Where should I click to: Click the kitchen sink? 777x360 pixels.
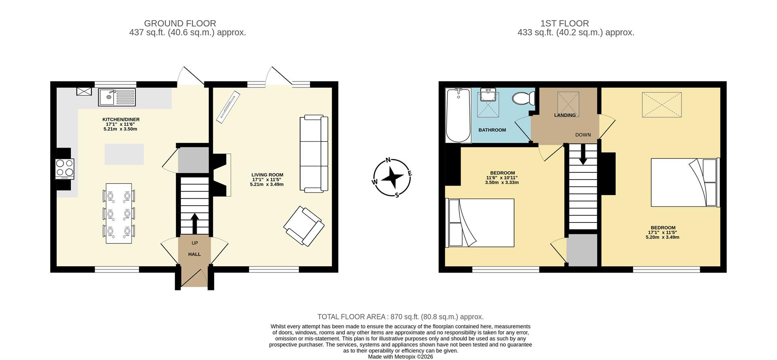point(117,97)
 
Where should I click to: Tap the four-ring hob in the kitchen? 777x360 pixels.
point(65,169)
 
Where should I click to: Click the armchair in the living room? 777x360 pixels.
point(304,226)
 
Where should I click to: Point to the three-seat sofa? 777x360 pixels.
point(314,154)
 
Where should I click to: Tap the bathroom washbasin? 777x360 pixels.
point(489,95)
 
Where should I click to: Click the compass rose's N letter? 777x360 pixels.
point(388,160)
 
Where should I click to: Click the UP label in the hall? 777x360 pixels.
point(195,243)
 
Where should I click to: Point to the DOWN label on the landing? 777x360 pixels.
point(583,135)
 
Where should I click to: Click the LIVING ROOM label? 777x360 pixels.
point(267,175)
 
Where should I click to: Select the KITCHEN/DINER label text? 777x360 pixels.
point(121,119)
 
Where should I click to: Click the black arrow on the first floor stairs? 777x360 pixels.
point(583,155)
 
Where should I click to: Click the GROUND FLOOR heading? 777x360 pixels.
point(180,23)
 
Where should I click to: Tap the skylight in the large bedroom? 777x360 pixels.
point(662,105)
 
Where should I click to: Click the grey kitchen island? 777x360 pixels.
point(124,154)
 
